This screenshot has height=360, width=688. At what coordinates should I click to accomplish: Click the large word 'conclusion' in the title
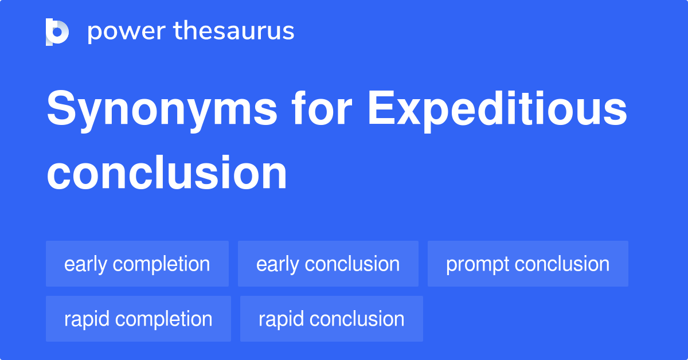167,173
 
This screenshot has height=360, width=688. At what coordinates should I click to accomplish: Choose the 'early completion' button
137,264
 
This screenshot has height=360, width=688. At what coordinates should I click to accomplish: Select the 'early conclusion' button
328,264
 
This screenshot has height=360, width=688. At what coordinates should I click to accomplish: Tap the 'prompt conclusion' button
527,264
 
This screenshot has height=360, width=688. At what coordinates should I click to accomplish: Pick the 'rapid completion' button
138,319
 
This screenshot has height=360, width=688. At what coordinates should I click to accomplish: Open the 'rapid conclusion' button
331,319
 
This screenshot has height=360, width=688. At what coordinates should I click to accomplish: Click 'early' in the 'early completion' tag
86,264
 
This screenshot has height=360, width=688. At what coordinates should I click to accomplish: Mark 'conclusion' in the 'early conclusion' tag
352,264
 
